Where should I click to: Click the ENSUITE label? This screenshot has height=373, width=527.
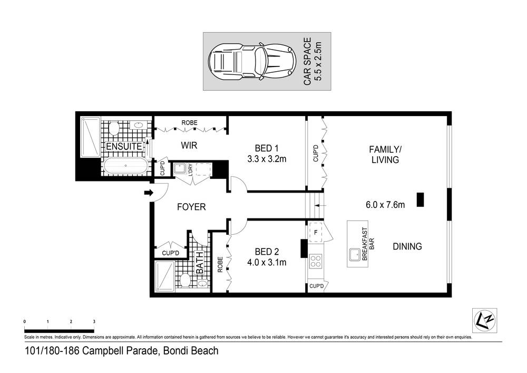(124, 146)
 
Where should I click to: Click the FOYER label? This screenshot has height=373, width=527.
(191, 207)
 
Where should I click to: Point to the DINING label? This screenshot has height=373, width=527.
(407, 246)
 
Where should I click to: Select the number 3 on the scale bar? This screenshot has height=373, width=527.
(94, 321)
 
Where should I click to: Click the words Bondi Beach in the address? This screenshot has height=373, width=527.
(190, 351)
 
